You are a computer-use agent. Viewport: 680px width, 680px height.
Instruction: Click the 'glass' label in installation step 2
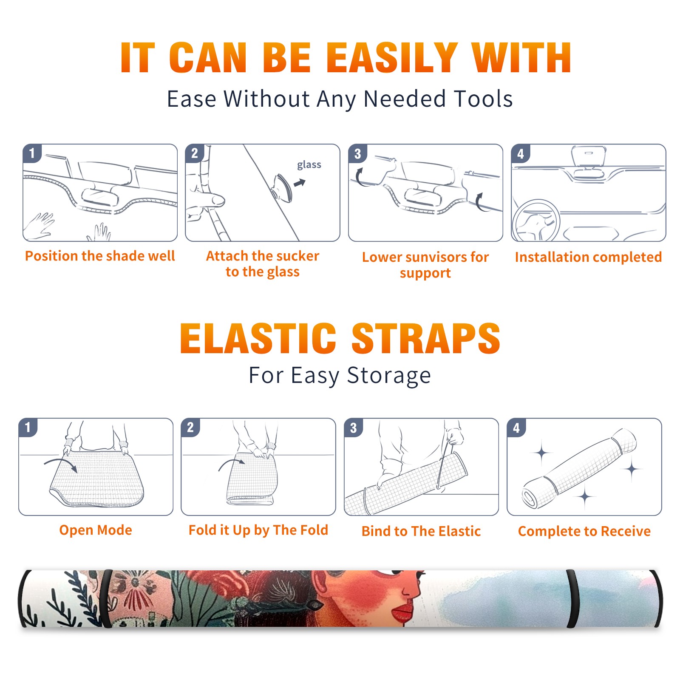309,165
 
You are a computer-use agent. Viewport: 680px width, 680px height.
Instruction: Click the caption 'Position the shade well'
100,256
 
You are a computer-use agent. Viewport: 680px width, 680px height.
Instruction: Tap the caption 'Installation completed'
588,257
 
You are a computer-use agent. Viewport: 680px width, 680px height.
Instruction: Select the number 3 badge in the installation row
357,153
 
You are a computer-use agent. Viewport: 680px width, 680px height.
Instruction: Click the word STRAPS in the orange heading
426,338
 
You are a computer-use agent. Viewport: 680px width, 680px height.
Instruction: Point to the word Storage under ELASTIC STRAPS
389,376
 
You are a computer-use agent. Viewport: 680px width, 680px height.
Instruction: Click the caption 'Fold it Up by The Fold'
258,530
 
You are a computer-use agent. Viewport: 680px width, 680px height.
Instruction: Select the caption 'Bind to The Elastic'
421,531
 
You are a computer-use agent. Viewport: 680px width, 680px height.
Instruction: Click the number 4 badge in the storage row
516,428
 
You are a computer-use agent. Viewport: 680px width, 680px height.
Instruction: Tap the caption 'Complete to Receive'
584,531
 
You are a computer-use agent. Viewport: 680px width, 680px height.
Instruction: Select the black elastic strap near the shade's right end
572,598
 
